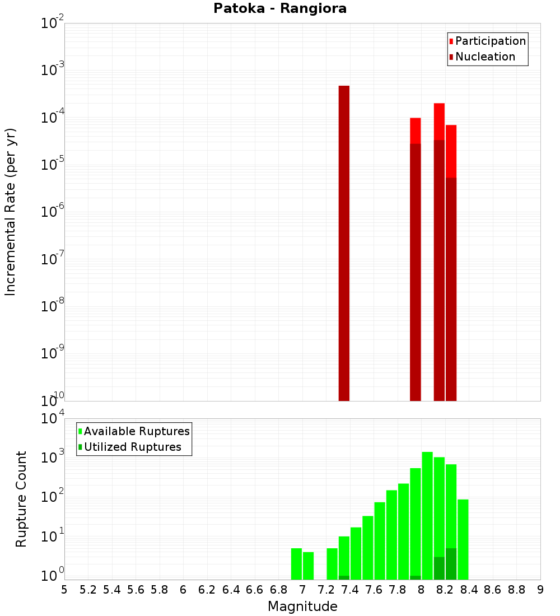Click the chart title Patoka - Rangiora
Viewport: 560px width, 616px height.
pos(280,8)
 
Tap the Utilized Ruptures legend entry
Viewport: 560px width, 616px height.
pos(132,447)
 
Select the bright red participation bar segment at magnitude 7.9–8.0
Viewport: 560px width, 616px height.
pos(416,130)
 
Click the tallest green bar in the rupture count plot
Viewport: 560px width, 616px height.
pos(427,515)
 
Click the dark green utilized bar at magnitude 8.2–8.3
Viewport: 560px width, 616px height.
pos(451,564)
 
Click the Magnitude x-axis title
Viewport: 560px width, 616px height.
pos(302,606)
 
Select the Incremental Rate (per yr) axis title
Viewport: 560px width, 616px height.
pos(11,212)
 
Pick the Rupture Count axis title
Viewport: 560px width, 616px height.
pos(21,499)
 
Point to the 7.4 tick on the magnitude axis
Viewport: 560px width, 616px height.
pos(350,590)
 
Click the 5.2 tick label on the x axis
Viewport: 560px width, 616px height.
pos(88,590)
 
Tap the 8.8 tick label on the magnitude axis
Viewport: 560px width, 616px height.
pos(516,590)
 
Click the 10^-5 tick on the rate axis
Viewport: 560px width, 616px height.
pos(53,164)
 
